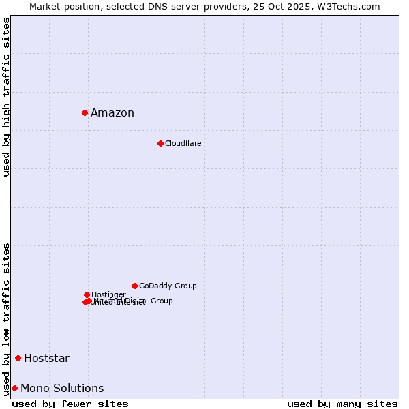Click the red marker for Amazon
(x=85, y=112)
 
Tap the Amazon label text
(x=112, y=113)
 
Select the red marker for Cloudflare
(x=160, y=143)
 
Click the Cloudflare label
(x=183, y=143)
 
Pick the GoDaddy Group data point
(x=134, y=286)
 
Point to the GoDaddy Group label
(x=168, y=286)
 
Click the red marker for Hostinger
(x=87, y=294)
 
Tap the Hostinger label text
(x=108, y=294)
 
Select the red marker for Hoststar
(x=18, y=358)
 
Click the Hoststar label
(x=46, y=359)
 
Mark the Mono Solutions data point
(x=14, y=388)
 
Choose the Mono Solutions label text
(x=62, y=389)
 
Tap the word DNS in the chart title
(x=160, y=6)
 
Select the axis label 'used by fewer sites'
(x=70, y=404)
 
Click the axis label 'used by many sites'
(x=342, y=404)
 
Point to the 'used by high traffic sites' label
(x=7, y=97)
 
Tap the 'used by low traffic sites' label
(x=7, y=318)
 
